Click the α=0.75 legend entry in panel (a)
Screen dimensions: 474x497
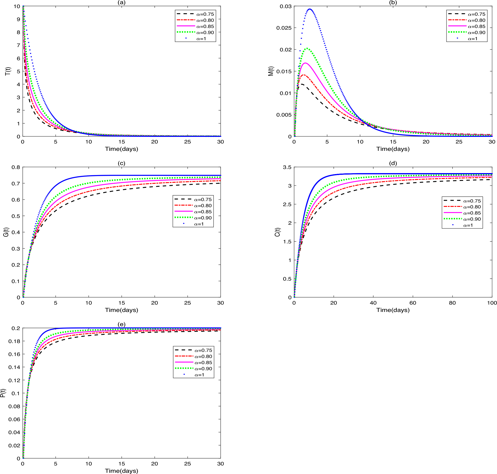pos(205,14)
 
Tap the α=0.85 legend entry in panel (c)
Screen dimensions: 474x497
pos(203,212)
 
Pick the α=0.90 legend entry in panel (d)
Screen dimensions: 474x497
pos(472,219)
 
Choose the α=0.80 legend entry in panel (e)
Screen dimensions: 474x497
pos(203,356)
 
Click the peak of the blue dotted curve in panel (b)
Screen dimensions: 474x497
pos(310,9)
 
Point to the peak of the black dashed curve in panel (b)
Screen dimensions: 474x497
pos(302,84)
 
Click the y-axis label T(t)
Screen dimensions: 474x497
pos(8,71)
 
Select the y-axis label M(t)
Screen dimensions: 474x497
pos(271,71)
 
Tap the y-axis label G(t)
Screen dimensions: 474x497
pos(6,232)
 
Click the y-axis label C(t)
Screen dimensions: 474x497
pos(277,232)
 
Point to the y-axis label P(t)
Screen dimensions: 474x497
pos(3,393)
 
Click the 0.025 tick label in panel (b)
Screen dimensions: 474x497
pos(284,28)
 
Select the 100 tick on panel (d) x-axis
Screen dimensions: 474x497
pos(492,303)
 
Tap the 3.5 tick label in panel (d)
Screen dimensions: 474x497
pos(287,167)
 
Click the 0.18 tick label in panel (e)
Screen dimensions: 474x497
pos(14,341)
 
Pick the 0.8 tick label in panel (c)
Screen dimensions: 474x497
pos(16,167)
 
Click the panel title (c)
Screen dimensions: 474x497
pos(121,163)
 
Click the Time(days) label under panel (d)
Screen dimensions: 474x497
pos(393,310)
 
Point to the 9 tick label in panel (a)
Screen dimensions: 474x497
pos(18,19)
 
